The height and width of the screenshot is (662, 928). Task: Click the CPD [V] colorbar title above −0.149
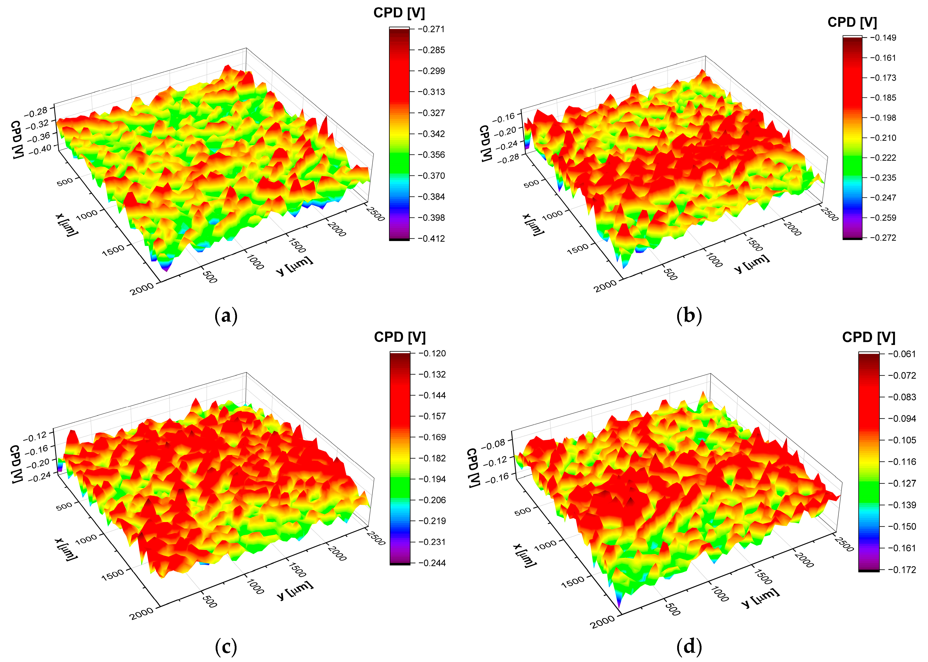(852, 22)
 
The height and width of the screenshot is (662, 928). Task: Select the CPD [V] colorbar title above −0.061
(868, 337)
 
